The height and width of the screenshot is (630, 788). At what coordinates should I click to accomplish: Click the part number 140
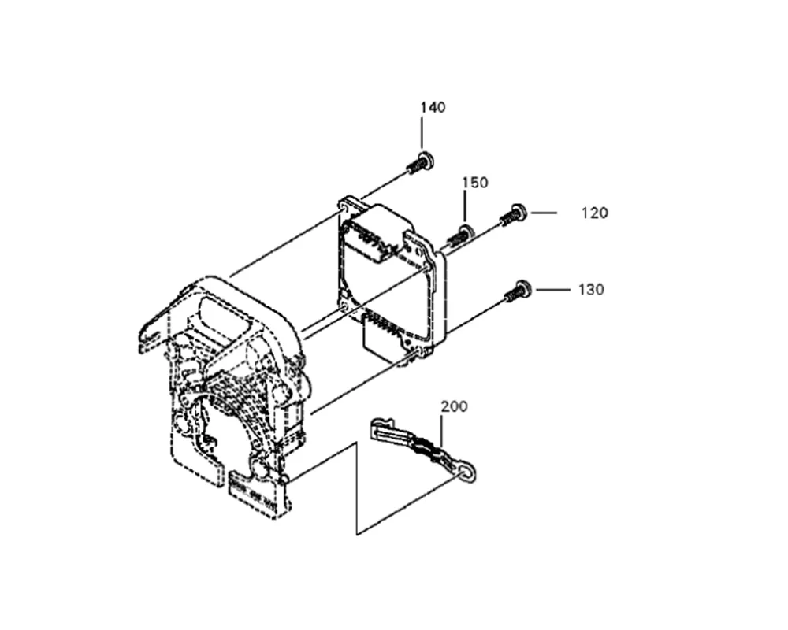[x=432, y=107]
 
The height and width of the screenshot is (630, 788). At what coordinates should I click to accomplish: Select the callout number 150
[x=475, y=183]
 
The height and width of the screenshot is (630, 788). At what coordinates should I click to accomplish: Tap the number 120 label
[x=595, y=213]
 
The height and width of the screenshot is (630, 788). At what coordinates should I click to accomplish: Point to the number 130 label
[x=591, y=290]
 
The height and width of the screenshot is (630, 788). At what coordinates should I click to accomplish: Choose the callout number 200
[x=454, y=407]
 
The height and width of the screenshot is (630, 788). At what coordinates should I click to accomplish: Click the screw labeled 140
[x=420, y=163]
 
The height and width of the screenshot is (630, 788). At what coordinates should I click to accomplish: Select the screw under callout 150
[x=460, y=234]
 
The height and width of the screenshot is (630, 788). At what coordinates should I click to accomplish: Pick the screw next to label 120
[x=514, y=213]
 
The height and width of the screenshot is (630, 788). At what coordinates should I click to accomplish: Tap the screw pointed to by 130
[x=517, y=292]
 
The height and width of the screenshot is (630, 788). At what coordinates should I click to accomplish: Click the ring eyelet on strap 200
[x=470, y=471]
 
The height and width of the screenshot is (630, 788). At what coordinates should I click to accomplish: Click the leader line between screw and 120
[x=544, y=213]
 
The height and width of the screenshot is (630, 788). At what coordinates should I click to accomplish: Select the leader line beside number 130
[x=552, y=290]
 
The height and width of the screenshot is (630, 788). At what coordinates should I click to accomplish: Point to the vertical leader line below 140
[x=423, y=134]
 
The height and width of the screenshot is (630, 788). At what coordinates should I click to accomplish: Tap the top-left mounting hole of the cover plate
[x=345, y=207]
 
